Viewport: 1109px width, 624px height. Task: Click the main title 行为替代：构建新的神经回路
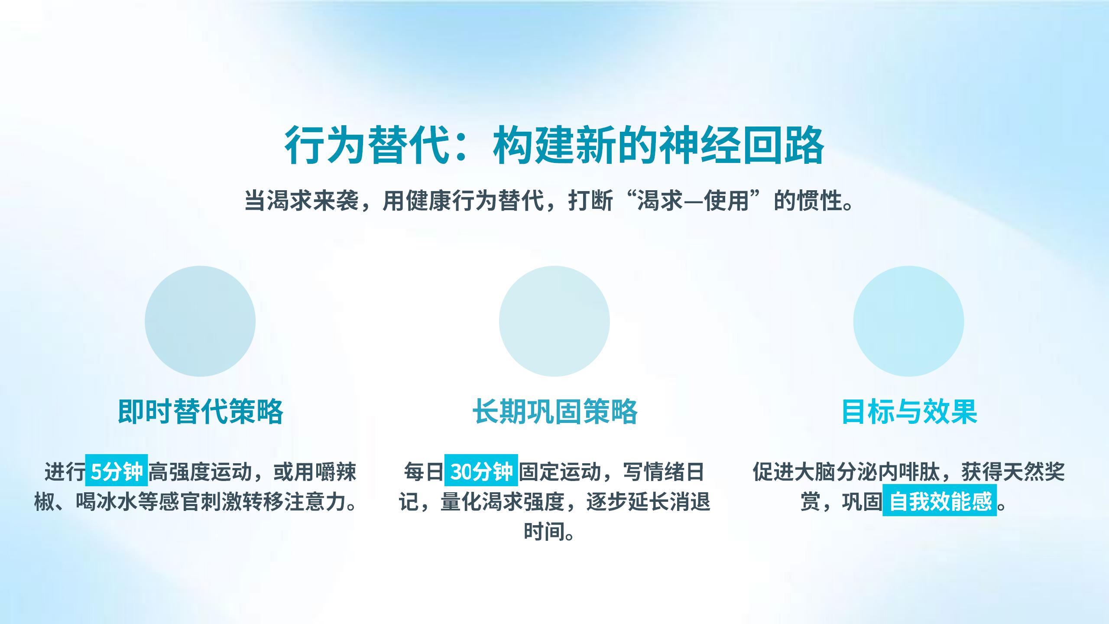[554, 146]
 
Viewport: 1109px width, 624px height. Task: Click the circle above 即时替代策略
[200, 321]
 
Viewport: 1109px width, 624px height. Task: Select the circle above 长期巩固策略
[554, 321]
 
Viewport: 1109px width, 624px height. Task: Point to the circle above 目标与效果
[909, 321]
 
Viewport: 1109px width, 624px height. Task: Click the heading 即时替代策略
[200, 411]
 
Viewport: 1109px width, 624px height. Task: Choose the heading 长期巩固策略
[554, 411]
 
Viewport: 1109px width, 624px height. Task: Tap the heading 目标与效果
[909, 411]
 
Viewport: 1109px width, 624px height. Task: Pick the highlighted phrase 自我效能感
[940, 500]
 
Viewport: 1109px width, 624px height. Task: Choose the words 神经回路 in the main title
[741, 146]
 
